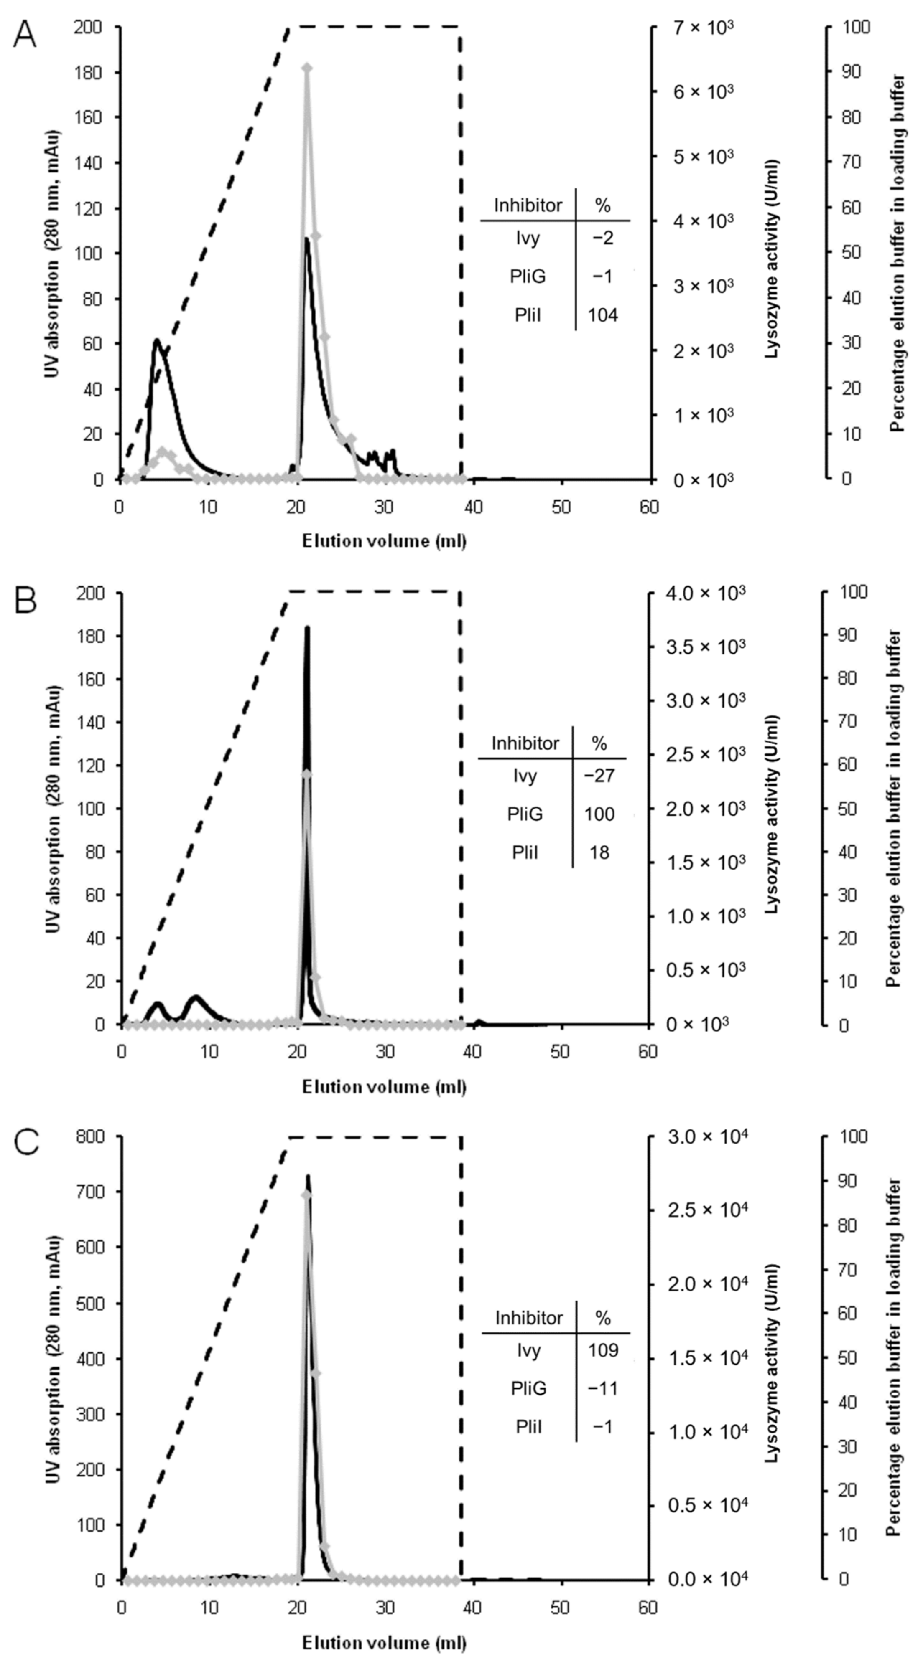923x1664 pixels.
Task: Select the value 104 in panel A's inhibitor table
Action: [x=602, y=315]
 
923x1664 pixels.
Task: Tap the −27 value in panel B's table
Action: [x=599, y=776]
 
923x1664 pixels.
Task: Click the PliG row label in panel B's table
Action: [x=525, y=814]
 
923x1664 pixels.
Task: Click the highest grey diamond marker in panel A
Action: [x=308, y=68]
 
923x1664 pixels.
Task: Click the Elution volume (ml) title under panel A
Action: [x=384, y=540]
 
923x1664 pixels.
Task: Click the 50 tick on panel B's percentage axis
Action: [x=849, y=809]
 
